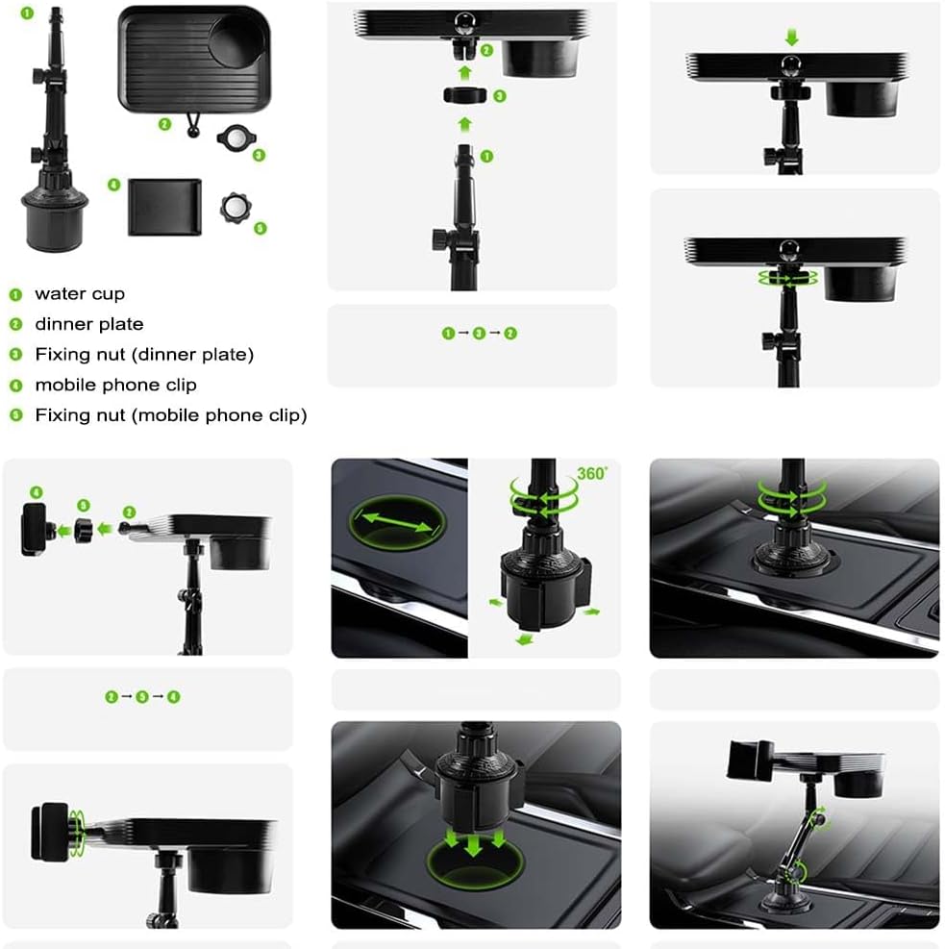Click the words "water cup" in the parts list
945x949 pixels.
tap(80, 294)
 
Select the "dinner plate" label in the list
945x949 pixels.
tap(89, 324)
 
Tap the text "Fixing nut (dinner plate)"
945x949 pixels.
tap(144, 355)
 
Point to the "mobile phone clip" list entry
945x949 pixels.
tap(115, 385)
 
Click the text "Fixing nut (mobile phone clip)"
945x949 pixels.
tap(171, 415)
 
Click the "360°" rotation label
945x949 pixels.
tap(592, 473)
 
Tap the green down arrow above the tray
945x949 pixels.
tap(791, 38)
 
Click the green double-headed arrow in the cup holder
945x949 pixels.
tap(397, 522)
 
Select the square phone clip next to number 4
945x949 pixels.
tap(164, 207)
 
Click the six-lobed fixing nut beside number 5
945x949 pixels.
tap(235, 209)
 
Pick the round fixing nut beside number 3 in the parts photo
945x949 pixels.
tap(236, 137)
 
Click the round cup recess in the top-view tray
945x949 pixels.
tap(237, 41)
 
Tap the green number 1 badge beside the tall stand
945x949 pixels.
tap(27, 12)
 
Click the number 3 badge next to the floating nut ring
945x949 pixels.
tap(500, 96)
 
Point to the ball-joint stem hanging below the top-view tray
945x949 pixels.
tap(192, 125)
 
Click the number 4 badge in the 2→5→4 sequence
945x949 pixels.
tap(174, 697)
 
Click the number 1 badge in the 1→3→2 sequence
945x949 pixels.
tap(448, 334)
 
